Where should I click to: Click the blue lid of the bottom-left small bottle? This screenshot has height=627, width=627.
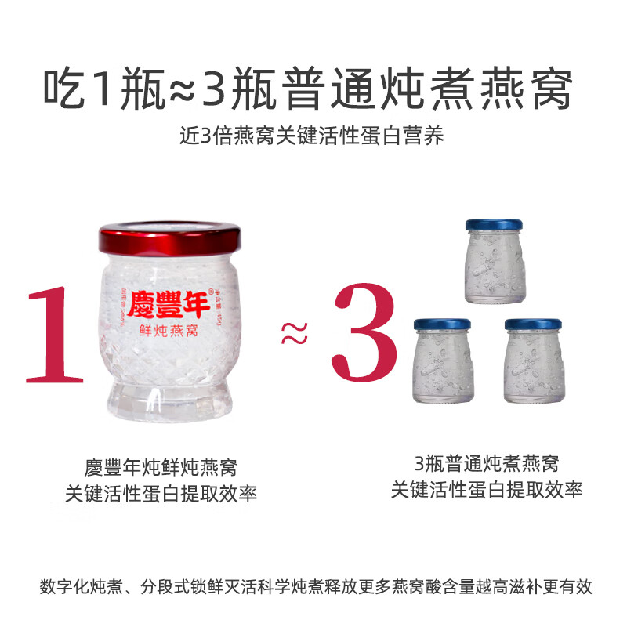[x=441, y=324]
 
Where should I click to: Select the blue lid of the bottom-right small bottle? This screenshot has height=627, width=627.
[x=533, y=324]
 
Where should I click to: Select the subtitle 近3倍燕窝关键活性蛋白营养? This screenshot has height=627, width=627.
[x=313, y=136]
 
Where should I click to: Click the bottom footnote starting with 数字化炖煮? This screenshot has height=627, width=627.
[x=313, y=586]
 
